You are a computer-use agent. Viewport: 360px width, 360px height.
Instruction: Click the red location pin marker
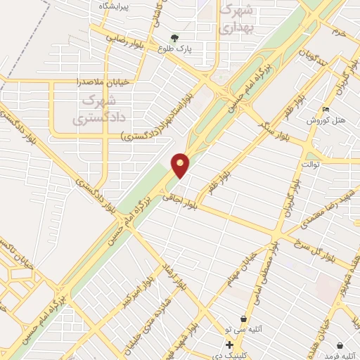click(181, 165)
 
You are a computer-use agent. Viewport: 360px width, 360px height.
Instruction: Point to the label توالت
click(310, 165)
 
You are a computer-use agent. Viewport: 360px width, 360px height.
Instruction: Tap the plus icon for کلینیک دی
click(229, 345)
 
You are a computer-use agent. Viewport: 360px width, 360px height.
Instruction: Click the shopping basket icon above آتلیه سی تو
click(243, 319)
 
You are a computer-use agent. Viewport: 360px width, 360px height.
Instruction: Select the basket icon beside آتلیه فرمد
click(340, 345)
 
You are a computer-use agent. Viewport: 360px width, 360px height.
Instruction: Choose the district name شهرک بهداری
click(235, 20)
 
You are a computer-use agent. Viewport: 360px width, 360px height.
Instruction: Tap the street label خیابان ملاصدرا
click(103, 82)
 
